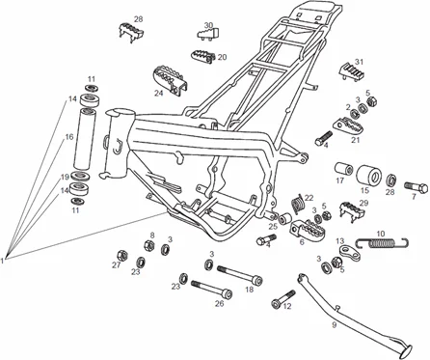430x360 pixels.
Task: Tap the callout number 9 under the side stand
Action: click(334, 325)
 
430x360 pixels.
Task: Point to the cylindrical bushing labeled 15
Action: click(367, 179)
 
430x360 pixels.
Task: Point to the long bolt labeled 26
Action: click(210, 286)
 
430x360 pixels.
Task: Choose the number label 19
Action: click(66, 177)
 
